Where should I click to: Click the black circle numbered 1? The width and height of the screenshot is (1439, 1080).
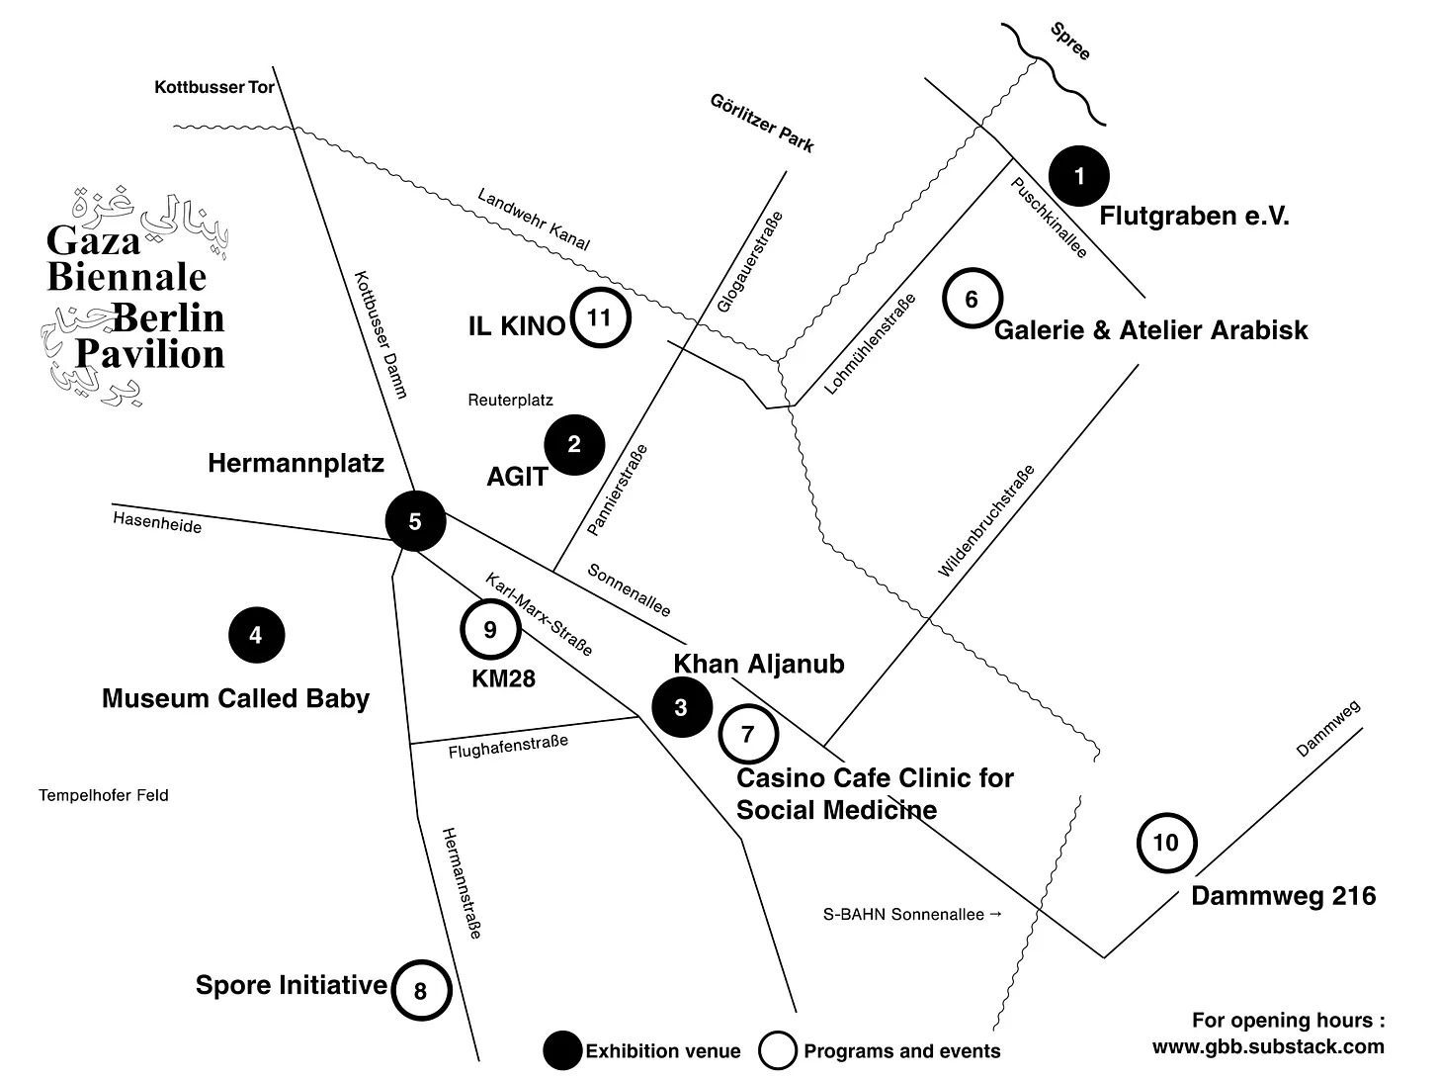point(1079,176)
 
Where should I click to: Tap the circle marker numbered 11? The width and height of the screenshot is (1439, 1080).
point(599,318)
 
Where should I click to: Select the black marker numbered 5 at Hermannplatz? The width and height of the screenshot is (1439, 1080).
point(415,521)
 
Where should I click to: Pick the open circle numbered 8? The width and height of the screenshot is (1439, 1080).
point(421,990)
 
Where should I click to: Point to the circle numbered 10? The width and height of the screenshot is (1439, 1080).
point(1166,843)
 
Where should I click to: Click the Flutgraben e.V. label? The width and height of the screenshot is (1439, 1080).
point(1194,216)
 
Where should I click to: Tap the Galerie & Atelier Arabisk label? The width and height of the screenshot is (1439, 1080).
point(1150,330)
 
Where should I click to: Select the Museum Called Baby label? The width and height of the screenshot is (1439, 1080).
point(235,699)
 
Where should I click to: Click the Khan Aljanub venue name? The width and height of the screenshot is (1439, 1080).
point(758,664)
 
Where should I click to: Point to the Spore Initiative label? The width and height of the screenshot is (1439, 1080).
point(291,985)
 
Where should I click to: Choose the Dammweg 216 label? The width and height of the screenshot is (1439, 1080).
point(1283,896)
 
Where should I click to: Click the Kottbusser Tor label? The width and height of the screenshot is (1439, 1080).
point(214,88)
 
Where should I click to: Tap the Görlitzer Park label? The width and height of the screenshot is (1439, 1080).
point(762,123)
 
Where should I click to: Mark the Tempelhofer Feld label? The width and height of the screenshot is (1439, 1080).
point(104,795)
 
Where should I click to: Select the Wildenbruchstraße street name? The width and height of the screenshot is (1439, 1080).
point(985,521)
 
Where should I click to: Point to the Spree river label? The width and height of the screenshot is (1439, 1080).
point(1070,42)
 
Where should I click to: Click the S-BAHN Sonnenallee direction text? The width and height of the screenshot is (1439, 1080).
point(912,915)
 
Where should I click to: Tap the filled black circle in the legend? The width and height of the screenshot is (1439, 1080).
point(563,1050)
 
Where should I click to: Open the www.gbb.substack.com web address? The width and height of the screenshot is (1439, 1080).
point(1268,1046)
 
